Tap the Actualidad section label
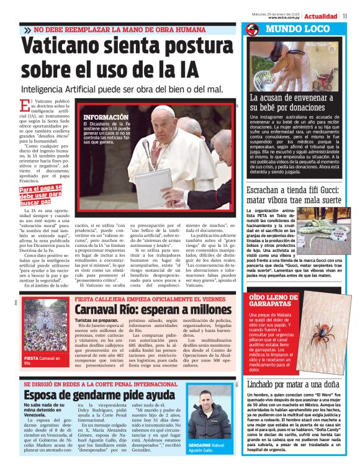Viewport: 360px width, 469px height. [x=322, y=16]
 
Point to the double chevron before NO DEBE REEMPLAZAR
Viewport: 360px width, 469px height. [x=27, y=30]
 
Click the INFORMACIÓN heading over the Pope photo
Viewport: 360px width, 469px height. [x=106, y=117]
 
